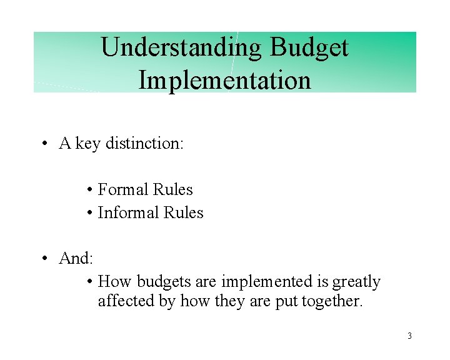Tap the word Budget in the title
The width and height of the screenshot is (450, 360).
point(309,47)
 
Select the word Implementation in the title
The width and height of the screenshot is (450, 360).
point(224,81)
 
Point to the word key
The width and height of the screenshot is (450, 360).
point(88,143)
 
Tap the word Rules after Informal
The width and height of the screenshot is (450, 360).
point(184,212)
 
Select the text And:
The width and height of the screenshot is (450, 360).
point(76,257)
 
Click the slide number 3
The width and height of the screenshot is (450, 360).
point(409,336)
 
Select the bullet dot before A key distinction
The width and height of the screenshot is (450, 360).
point(46,144)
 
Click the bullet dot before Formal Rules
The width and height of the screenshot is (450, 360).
point(91,190)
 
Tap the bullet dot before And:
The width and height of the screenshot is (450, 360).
point(46,258)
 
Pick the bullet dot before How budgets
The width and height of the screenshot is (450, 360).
point(91,282)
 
